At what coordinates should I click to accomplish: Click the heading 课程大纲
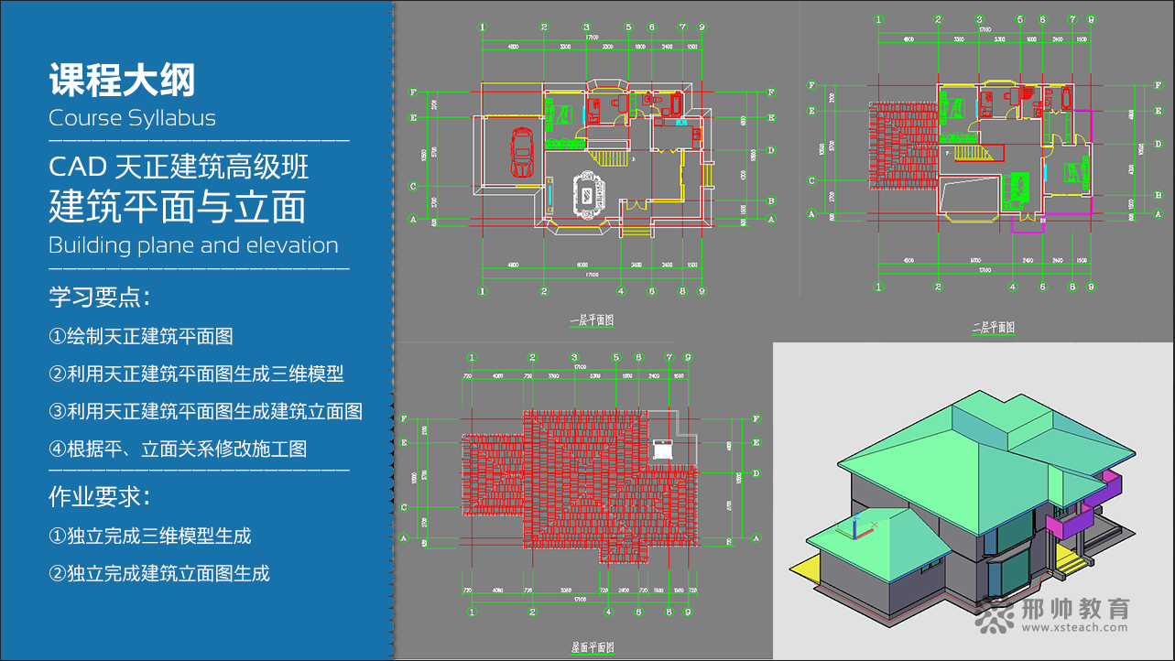(x=122, y=81)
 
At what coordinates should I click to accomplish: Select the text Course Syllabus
(x=132, y=118)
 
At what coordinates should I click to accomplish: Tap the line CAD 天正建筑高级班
(x=179, y=168)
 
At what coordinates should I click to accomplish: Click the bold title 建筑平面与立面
(x=177, y=207)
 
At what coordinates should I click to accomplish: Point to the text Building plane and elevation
(x=193, y=245)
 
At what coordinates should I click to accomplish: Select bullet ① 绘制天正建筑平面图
(x=141, y=336)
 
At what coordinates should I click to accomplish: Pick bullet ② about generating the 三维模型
(x=196, y=374)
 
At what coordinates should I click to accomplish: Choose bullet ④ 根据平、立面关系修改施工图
(x=178, y=449)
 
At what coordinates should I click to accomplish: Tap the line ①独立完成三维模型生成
(x=150, y=536)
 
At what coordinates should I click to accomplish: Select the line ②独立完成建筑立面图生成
(x=159, y=574)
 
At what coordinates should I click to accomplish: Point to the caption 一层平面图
(x=592, y=320)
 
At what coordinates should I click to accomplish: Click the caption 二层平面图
(x=994, y=327)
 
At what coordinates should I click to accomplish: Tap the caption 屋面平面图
(x=593, y=647)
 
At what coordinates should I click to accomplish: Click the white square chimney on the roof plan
(x=661, y=450)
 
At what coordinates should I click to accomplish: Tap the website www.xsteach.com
(x=1068, y=629)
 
